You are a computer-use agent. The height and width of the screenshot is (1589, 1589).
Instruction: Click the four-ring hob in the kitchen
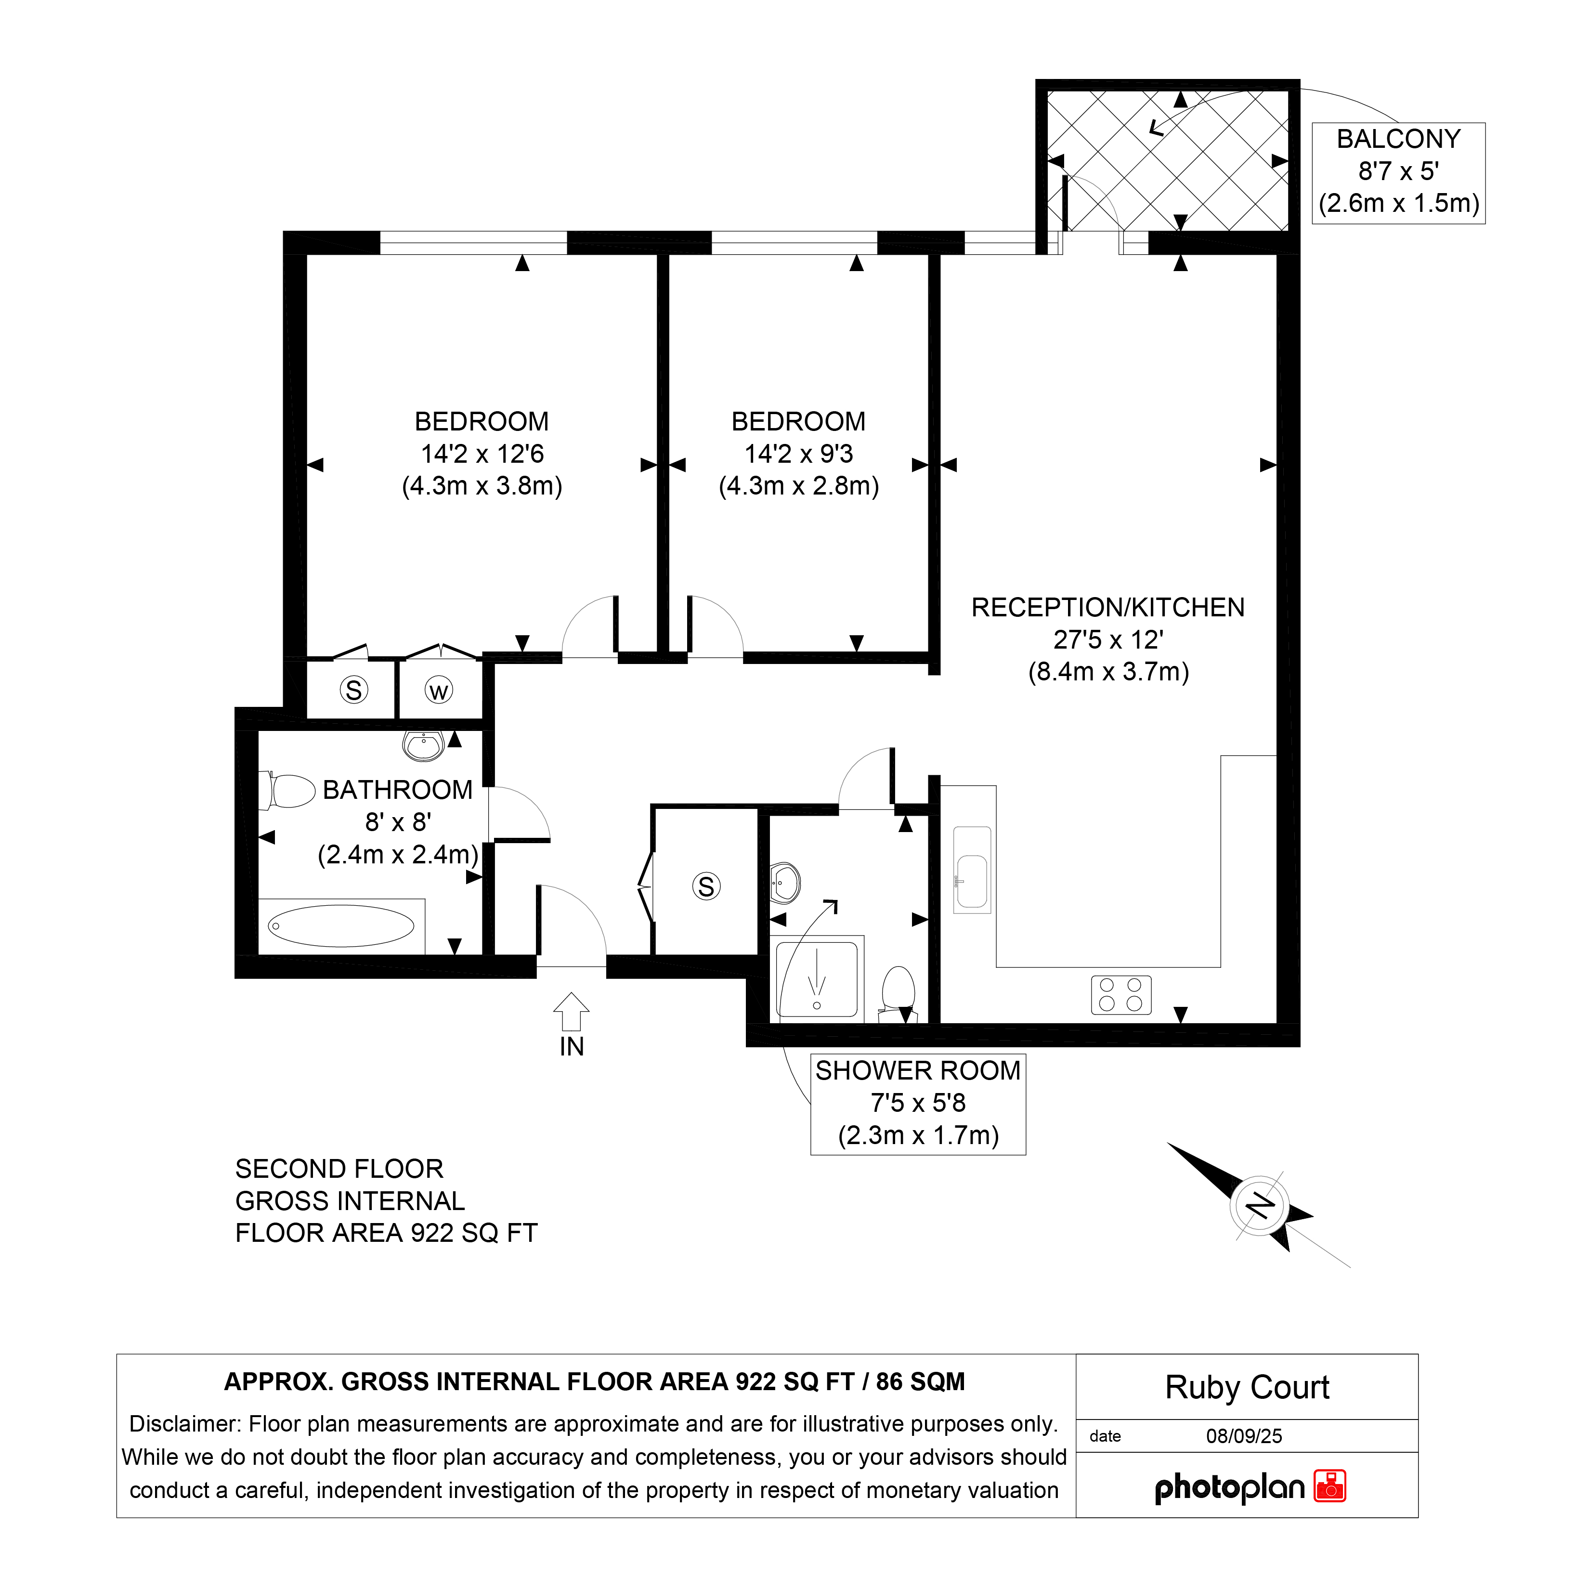coord(1121,994)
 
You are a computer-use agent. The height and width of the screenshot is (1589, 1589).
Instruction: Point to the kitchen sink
coord(972,870)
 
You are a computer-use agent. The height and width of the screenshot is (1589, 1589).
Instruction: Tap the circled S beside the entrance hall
coord(706,886)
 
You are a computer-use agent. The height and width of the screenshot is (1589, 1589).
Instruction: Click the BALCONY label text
coord(1398,139)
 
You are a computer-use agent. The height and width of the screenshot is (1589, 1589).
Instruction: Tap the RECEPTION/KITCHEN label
coord(1108,607)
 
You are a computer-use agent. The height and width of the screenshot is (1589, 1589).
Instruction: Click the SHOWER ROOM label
coord(918,1070)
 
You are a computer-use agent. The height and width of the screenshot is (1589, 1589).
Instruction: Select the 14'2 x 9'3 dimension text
coord(799,453)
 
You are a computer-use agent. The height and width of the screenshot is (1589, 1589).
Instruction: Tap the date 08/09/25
coord(1244,1435)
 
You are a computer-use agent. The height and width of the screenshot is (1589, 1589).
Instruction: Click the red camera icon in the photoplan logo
coord(1330,1485)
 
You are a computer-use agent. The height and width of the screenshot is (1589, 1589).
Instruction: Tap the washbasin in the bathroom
coord(424,746)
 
